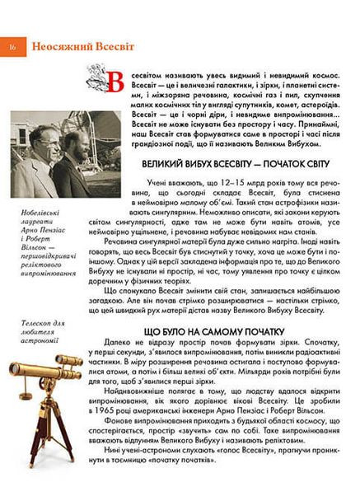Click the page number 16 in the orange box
(x=14, y=47)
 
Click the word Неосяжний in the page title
(x=53, y=47)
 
